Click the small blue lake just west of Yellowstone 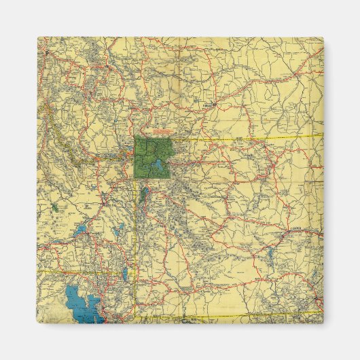pos(128,162)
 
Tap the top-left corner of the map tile pos(38,37)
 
